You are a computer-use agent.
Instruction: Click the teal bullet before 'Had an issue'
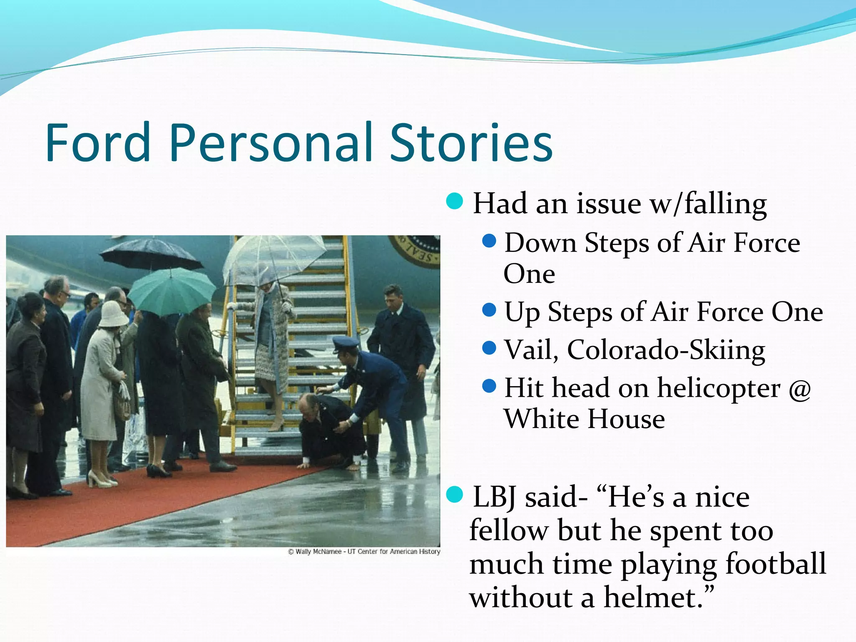click(454, 201)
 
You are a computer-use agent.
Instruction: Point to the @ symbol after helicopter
click(800, 389)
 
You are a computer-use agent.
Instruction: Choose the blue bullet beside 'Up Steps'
click(489, 311)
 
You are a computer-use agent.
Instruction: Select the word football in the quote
click(775, 563)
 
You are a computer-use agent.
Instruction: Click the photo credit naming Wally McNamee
click(364, 552)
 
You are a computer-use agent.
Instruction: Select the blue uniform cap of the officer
click(346, 344)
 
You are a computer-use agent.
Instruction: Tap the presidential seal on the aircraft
click(415, 250)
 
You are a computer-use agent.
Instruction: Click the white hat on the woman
click(113, 313)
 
